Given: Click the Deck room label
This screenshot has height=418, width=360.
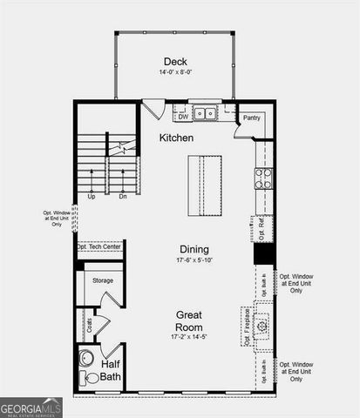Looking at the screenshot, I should pyautogui.click(x=174, y=60).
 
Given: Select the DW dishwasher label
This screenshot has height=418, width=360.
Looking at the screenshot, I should pyautogui.click(x=183, y=116).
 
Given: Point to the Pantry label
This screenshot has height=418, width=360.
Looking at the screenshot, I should pyautogui.click(x=252, y=118).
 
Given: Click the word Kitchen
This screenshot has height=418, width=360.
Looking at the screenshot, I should pyautogui.click(x=176, y=138).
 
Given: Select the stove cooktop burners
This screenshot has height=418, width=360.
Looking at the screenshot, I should pyautogui.click(x=263, y=178).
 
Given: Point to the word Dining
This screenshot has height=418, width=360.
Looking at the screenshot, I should pyautogui.click(x=194, y=248).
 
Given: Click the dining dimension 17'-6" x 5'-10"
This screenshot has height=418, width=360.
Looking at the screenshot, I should pyautogui.click(x=194, y=260).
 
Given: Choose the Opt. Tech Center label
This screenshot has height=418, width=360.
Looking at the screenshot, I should pyautogui.click(x=98, y=247).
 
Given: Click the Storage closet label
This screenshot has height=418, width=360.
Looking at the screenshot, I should pyautogui.click(x=103, y=280).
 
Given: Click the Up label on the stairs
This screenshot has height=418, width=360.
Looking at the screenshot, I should pyautogui.click(x=91, y=196).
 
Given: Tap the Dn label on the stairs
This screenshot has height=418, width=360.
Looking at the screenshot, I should pyautogui.click(x=123, y=196).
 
